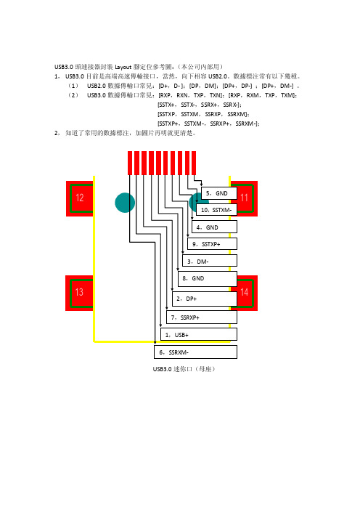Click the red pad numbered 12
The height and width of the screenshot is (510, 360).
pyautogui.click(x=80, y=198)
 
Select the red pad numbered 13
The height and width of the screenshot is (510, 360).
pyautogui.click(x=80, y=293)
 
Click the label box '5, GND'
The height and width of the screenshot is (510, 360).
pyautogui.click(x=219, y=193)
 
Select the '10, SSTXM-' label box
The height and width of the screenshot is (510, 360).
pyautogui.click(x=216, y=210)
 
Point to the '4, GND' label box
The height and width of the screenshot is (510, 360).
pyautogui.click(x=214, y=227)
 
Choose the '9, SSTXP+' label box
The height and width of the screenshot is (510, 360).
pyautogui.click(x=212, y=244)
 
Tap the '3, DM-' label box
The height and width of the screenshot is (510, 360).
pyautogui.click(x=210, y=261)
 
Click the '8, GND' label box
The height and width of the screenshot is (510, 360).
pyautogui.click(x=208, y=279)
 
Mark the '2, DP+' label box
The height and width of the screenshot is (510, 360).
pyautogui.click(x=205, y=299)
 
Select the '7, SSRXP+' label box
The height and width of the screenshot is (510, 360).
pyautogui.click(x=202, y=317)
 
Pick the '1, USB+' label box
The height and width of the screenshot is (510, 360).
pyautogui.click(x=199, y=334)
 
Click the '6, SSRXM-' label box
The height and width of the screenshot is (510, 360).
pyautogui.click(x=195, y=352)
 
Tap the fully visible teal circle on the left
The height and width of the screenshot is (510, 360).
pyautogui.click(x=125, y=203)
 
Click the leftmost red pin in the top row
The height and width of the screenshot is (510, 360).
pyautogui.click(x=130, y=163)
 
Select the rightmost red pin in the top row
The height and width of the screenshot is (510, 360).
pyautogui.click(x=194, y=163)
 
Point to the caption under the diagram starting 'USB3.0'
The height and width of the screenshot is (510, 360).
pyautogui.click(x=184, y=369)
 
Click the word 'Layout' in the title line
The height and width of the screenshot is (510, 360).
pyautogui.click(x=123, y=67)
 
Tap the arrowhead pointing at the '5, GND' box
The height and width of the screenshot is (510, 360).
pyautogui.click(x=202, y=185)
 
